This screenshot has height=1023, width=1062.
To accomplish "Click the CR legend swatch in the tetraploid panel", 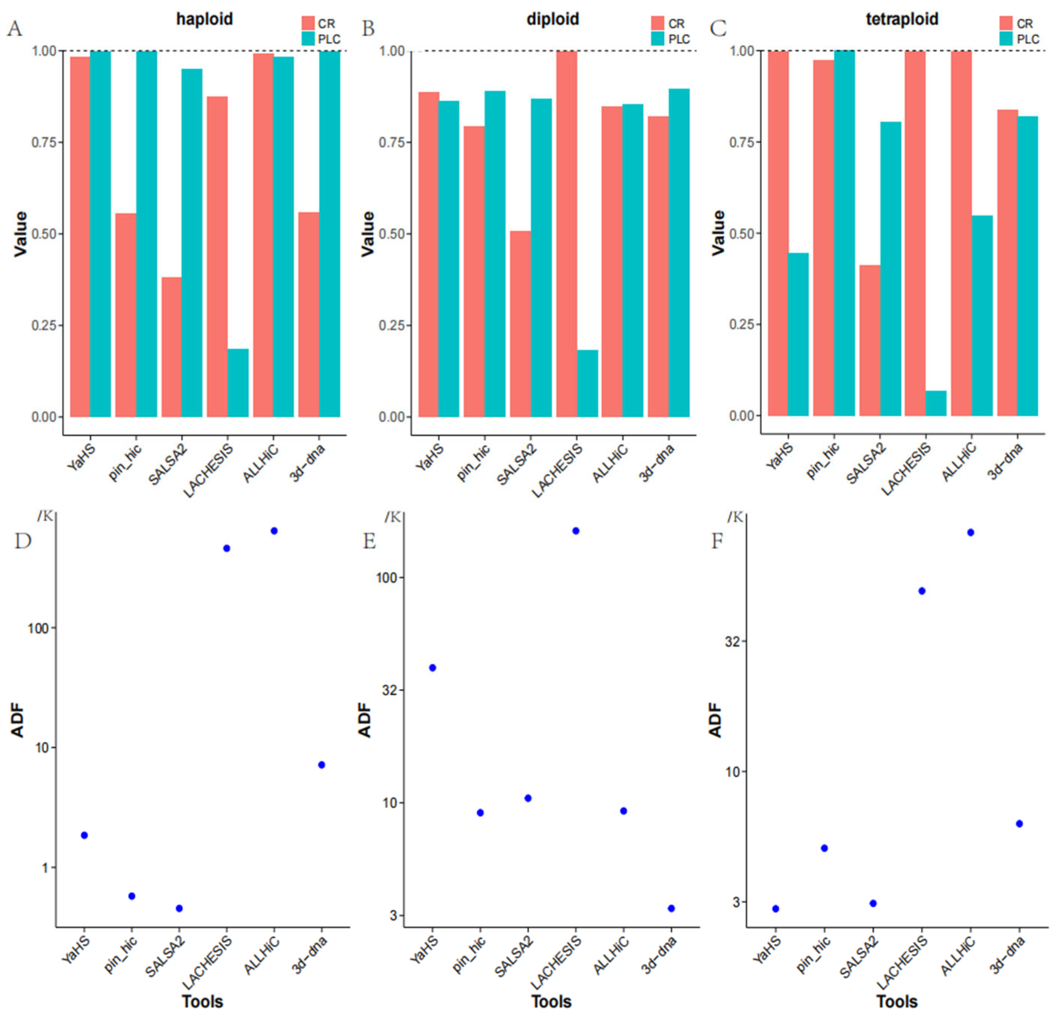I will point(1006,23).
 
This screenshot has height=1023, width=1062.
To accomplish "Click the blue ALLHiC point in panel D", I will point(274,531).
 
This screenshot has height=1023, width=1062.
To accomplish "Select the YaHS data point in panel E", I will point(432,668).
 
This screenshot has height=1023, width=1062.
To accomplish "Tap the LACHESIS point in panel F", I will point(922,591).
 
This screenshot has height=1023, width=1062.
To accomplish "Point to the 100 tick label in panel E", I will point(387,578).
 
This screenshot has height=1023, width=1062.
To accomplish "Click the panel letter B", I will point(369,28).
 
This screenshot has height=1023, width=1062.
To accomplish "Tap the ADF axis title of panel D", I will point(18,720).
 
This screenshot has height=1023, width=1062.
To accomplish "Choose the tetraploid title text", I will point(902,19).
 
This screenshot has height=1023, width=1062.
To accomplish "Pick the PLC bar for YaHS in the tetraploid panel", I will point(798,335).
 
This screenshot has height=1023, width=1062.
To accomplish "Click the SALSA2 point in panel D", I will point(179,908).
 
